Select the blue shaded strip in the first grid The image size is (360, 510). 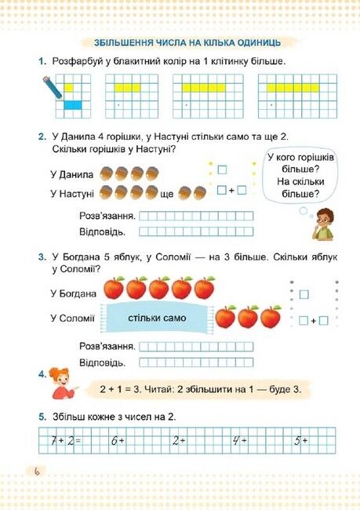[72, 104]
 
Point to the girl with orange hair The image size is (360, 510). [57, 384]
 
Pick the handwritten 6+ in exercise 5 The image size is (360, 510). [118, 441]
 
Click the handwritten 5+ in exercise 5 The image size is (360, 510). [301, 441]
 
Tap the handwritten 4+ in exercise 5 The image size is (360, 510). [240, 441]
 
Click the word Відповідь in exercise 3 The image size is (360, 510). [103, 362]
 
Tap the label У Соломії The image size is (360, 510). [71, 317]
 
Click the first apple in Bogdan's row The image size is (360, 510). [114, 288]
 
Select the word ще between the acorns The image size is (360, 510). [166, 193]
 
